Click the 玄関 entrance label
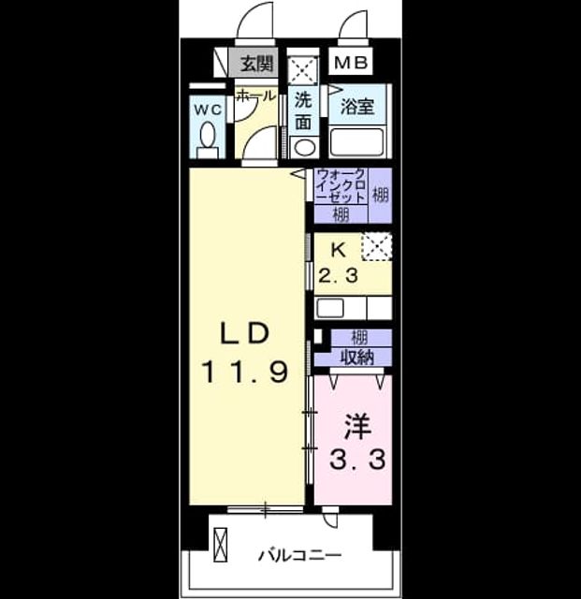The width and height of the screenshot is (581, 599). click(x=256, y=64)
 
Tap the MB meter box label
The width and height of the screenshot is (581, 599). click(x=351, y=63)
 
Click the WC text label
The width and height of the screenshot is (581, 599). click(x=208, y=110)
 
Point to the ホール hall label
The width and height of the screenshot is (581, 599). click(x=255, y=95)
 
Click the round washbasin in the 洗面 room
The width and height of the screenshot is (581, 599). click(x=304, y=148)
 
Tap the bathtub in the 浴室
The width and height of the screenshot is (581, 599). click(x=356, y=142)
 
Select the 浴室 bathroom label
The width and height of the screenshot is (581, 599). click(x=357, y=106)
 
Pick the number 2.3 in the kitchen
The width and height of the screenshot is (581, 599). click(x=338, y=275)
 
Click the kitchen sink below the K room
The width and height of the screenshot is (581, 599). click(x=330, y=308)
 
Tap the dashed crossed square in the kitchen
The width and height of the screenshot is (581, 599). click(x=377, y=246)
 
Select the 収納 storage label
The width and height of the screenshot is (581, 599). click(x=357, y=358)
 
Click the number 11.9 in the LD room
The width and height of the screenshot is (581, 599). click(x=244, y=373)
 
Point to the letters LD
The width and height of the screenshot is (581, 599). click(x=244, y=333)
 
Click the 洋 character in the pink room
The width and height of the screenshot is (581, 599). click(x=357, y=427)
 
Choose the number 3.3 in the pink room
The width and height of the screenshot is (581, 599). click(x=357, y=460)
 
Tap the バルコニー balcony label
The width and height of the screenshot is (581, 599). click(x=300, y=555)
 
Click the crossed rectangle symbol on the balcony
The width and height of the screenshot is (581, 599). click(x=221, y=545)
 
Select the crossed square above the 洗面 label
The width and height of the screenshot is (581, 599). click(x=302, y=71)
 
